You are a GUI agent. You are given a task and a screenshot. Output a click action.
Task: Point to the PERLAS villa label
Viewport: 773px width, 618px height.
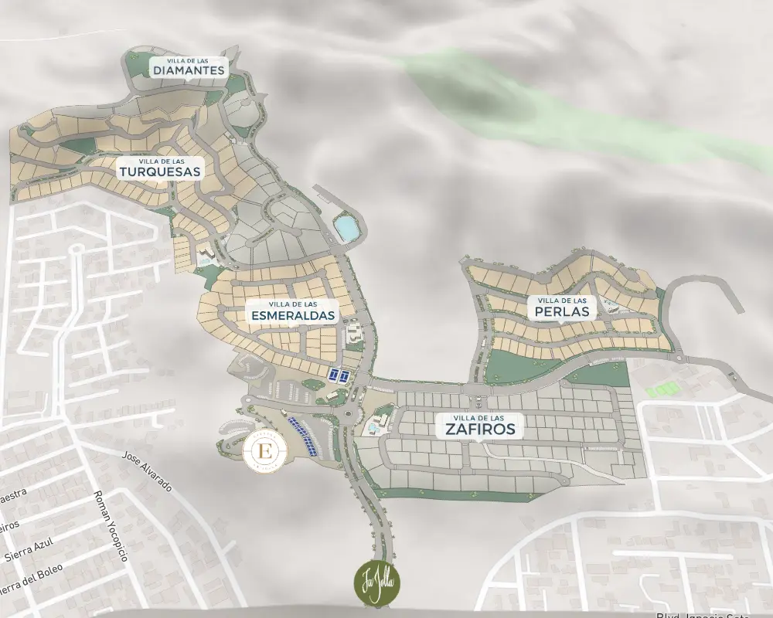click(x=562, y=308)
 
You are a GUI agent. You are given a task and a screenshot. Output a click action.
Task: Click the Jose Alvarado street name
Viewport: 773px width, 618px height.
click(x=147, y=472)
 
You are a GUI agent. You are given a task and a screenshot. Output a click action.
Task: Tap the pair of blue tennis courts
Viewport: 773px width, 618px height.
click(x=339, y=375)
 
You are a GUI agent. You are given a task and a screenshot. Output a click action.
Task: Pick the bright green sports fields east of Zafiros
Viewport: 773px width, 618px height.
click(x=662, y=389)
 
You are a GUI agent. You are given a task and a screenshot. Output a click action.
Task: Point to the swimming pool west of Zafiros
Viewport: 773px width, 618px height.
click(x=375, y=427)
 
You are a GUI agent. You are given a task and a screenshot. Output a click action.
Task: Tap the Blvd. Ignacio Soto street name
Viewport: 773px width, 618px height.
click(x=703, y=615)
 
